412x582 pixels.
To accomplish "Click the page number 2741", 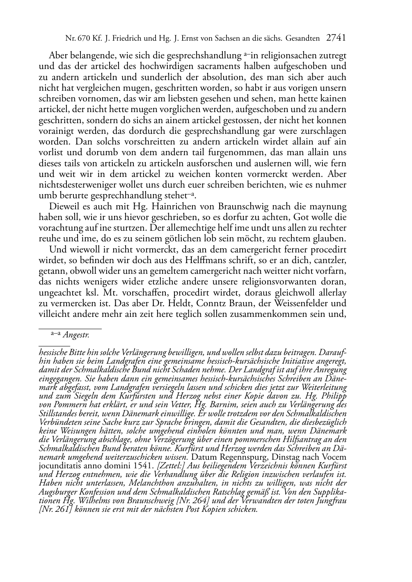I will tap(336, 38).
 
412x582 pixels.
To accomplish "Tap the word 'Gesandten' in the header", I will tap(303, 39).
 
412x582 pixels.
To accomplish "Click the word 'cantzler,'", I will tap(331, 260).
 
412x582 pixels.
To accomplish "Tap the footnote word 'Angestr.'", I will tap(76, 335).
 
